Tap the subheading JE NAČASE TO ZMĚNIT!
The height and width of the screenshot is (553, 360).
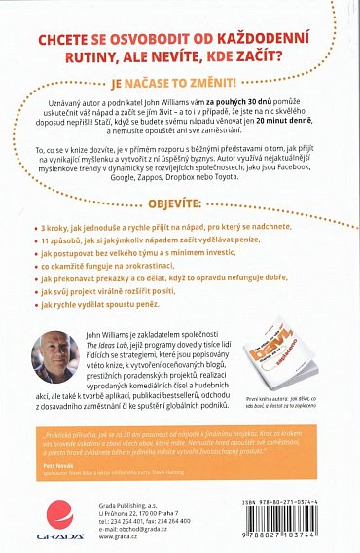[180, 84]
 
